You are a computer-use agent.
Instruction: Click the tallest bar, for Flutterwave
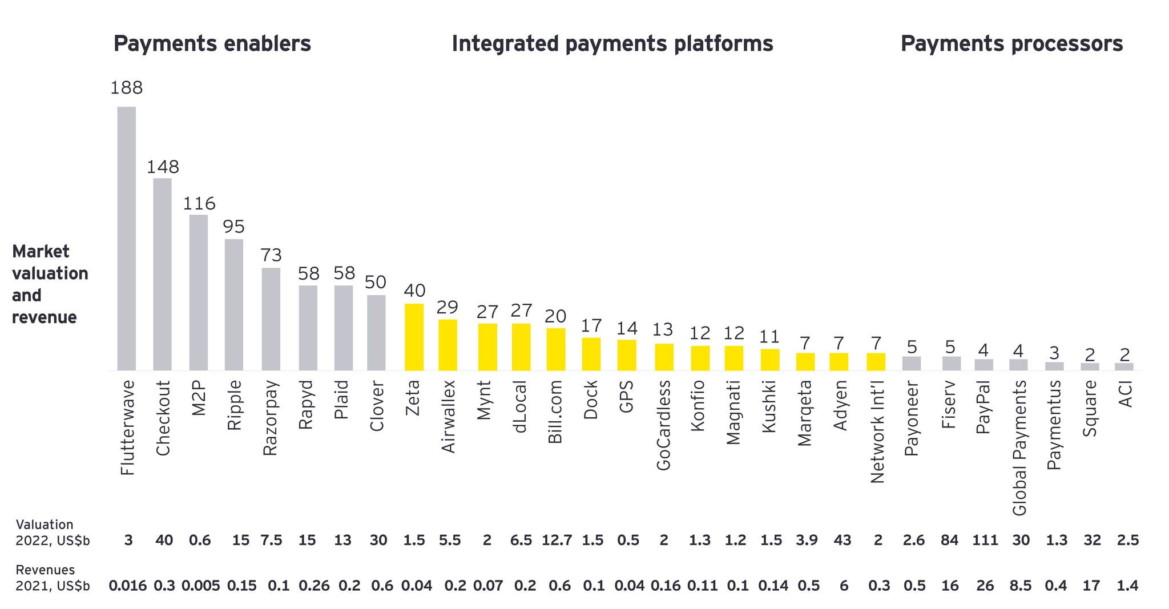pyautogui.click(x=127, y=239)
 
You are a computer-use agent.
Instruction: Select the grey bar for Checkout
pyautogui.click(x=163, y=274)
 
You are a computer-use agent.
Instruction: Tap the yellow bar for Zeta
pyautogui.click(x=414, y=337)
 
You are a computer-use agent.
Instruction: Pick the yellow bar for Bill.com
pyautogui.click(x=556, y=349)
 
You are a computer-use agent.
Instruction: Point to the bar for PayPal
pyautogui.click(x=983, y=365)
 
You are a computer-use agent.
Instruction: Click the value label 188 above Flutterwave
pyautogui.click(x=127, y=88)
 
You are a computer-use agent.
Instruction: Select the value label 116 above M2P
pyautogui.click(x=199, y=204)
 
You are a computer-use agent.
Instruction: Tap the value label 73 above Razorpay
pyautogui.click(x=271, y=255)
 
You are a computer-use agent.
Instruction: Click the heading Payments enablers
pyautogui.click(x=212, y=44)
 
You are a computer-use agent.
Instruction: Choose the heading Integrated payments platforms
pyautogui.click(x=612, y=44)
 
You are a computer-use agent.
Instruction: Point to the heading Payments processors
pyautogui.click(x=1011, y=44)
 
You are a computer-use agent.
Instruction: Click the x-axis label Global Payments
pyautogui.click(x=1019, y=448)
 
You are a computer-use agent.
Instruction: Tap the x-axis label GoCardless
pyautogui.click(x=663, y=425)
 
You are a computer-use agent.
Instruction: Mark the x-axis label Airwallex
pyautogui.click(x=449, y=417)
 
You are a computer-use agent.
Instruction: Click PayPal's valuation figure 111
pyautogui.click(x=985, y=540)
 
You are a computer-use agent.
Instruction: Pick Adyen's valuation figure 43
pyautogui.click(x=843, y=540)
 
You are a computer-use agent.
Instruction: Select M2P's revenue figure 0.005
pyautogui.click(x=200, y=586)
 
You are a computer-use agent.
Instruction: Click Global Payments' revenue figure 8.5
pyautogui.click(x=1020, y=586)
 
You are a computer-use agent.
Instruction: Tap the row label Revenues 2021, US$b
pyautogui.click(x=53, y=578)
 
